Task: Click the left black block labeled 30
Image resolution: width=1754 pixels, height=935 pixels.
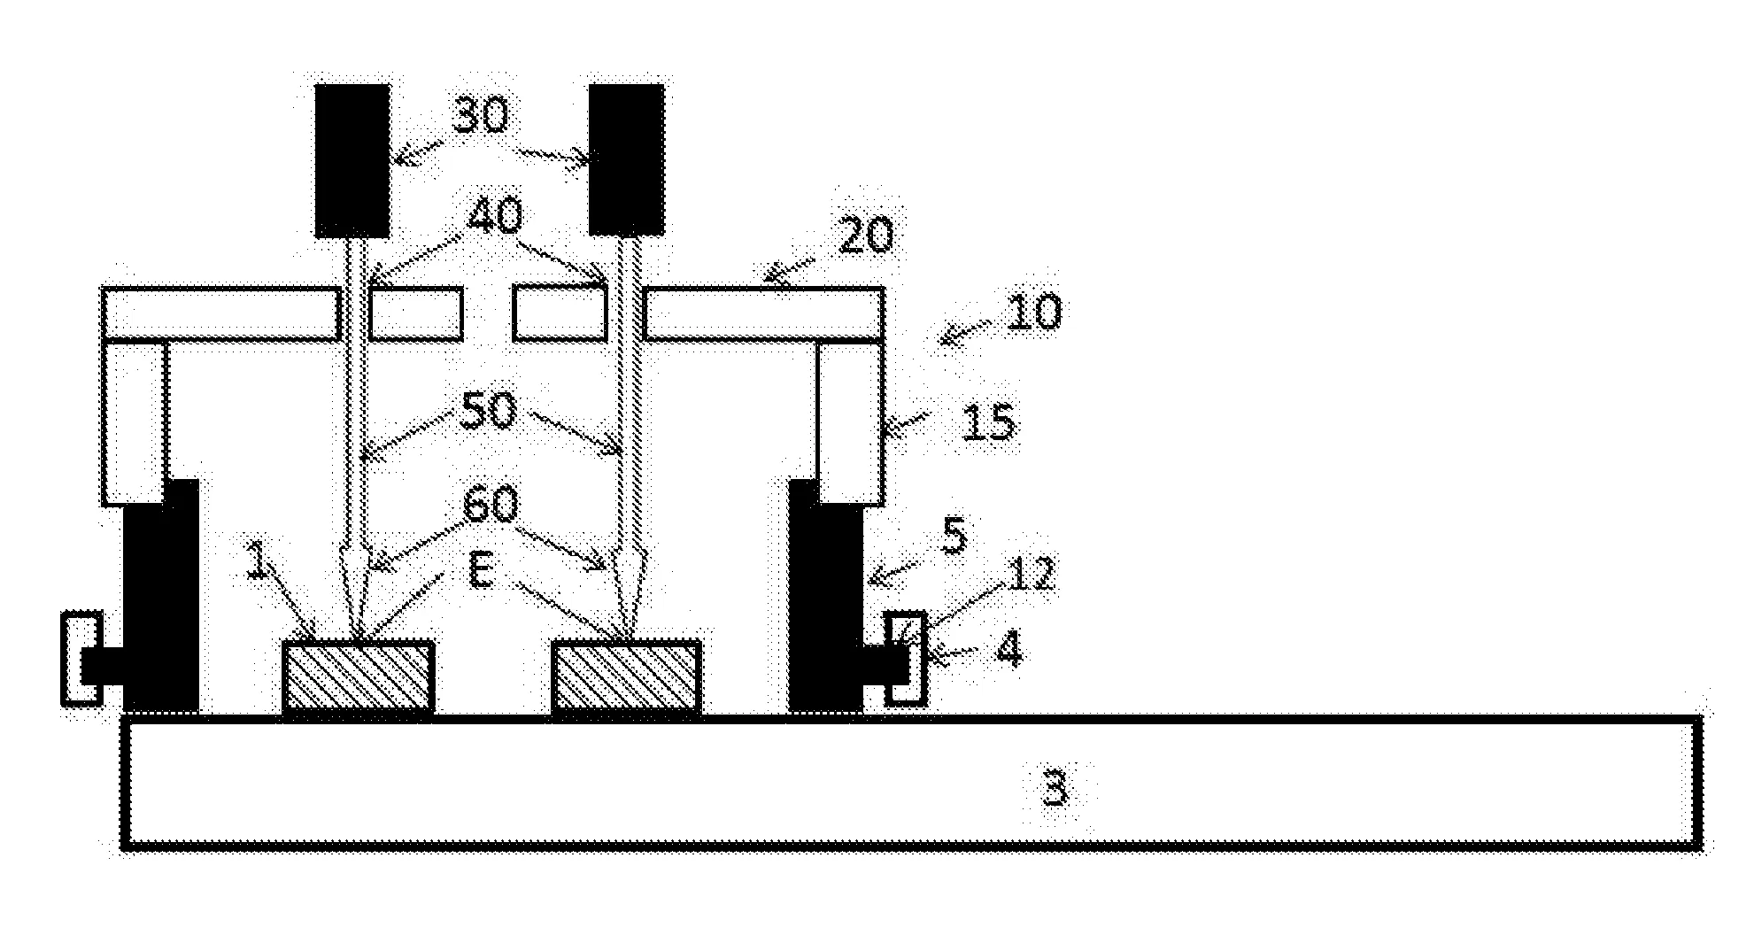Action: [x=352, y=160]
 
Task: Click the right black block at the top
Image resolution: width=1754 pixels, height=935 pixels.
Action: [x=627, y=160]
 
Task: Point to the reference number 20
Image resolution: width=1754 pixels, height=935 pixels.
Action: [x=864, y=236]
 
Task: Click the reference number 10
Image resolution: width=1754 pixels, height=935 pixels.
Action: [x=1032, y=312]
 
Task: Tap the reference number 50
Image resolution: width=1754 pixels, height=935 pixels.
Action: [x=487, y=411]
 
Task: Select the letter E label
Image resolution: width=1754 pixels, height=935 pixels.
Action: [x=482, y=572]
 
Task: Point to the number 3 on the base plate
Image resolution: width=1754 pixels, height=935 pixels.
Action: [x=1054, y=787]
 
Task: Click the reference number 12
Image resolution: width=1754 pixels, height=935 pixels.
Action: [x=1031, y=575]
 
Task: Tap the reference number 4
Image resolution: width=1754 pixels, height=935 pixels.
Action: [x=1008, y=649]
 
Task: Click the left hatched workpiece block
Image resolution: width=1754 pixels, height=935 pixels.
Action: [x=359, y=676]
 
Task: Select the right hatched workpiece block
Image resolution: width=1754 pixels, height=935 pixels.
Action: [x=627, y=676]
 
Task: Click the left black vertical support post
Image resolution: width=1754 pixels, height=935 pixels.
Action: [x=160, y=597]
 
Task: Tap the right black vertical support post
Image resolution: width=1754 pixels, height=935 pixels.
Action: [x=825, y=597]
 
